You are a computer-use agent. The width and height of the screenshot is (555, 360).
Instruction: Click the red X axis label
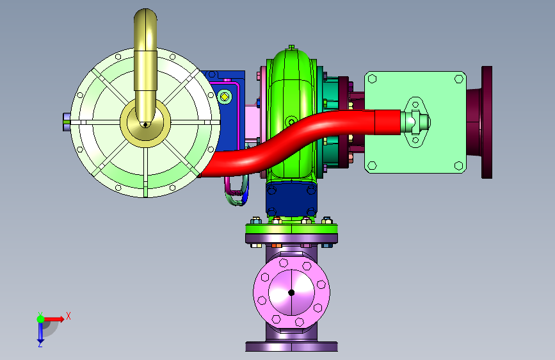(x=68, y=316)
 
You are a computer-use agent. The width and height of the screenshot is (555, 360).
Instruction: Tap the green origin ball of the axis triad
(x=41, y=319)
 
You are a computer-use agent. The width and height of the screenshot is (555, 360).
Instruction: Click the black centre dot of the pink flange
(x=291, y=293)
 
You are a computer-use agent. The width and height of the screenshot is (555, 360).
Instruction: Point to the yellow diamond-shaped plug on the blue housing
(x=225, y=96)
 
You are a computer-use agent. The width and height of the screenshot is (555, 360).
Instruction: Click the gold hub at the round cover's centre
(x=145, y=122)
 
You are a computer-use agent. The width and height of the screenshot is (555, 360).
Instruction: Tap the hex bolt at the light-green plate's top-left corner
(x=372, y=79)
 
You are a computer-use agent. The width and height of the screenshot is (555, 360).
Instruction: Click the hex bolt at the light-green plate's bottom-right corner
(x=458, y=165)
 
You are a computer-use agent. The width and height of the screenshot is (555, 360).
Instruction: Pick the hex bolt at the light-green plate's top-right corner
(x=458, y=79)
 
